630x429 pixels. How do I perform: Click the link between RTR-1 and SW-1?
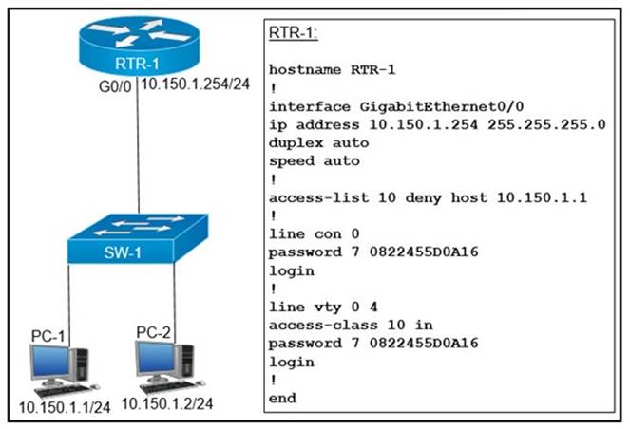139,152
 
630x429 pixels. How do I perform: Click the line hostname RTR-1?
333,70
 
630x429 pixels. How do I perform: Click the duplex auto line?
318,142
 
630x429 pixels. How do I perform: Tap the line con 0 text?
314,233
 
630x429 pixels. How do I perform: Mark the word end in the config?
282,398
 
